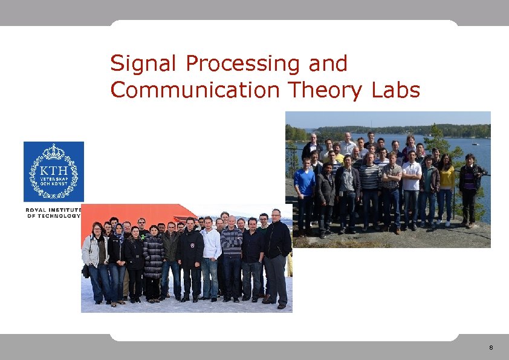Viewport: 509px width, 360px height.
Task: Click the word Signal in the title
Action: tap(144, 64)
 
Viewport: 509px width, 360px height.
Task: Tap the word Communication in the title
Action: tap(194, 90)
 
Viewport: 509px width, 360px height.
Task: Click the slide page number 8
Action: tap(491, 348)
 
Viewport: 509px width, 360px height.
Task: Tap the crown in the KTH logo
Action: tap(54, 151)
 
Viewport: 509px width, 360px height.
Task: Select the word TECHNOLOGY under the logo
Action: tap(59, 216)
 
